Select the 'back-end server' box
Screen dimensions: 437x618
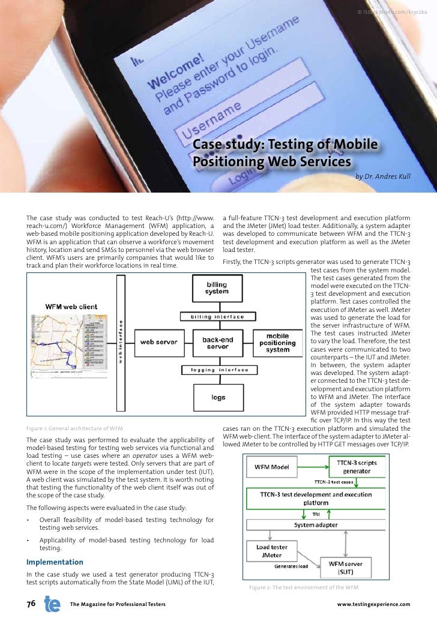coord(217,343)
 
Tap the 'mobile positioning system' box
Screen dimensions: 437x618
coord(278,343)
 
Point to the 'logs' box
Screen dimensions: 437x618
coord(218,397)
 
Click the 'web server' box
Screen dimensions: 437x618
coord(158,342)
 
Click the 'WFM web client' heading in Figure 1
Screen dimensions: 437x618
coord(71,307)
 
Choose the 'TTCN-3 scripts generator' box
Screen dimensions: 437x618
coord(357,467)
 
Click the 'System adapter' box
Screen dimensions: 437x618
coord(316,525)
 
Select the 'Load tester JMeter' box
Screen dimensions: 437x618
coord(271,551)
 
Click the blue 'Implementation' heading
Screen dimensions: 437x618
coord(55,562)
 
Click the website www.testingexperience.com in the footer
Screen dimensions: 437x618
coord(373,604)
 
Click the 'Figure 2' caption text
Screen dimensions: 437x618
coord(304,587)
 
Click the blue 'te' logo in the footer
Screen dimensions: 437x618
coord(52,603)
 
